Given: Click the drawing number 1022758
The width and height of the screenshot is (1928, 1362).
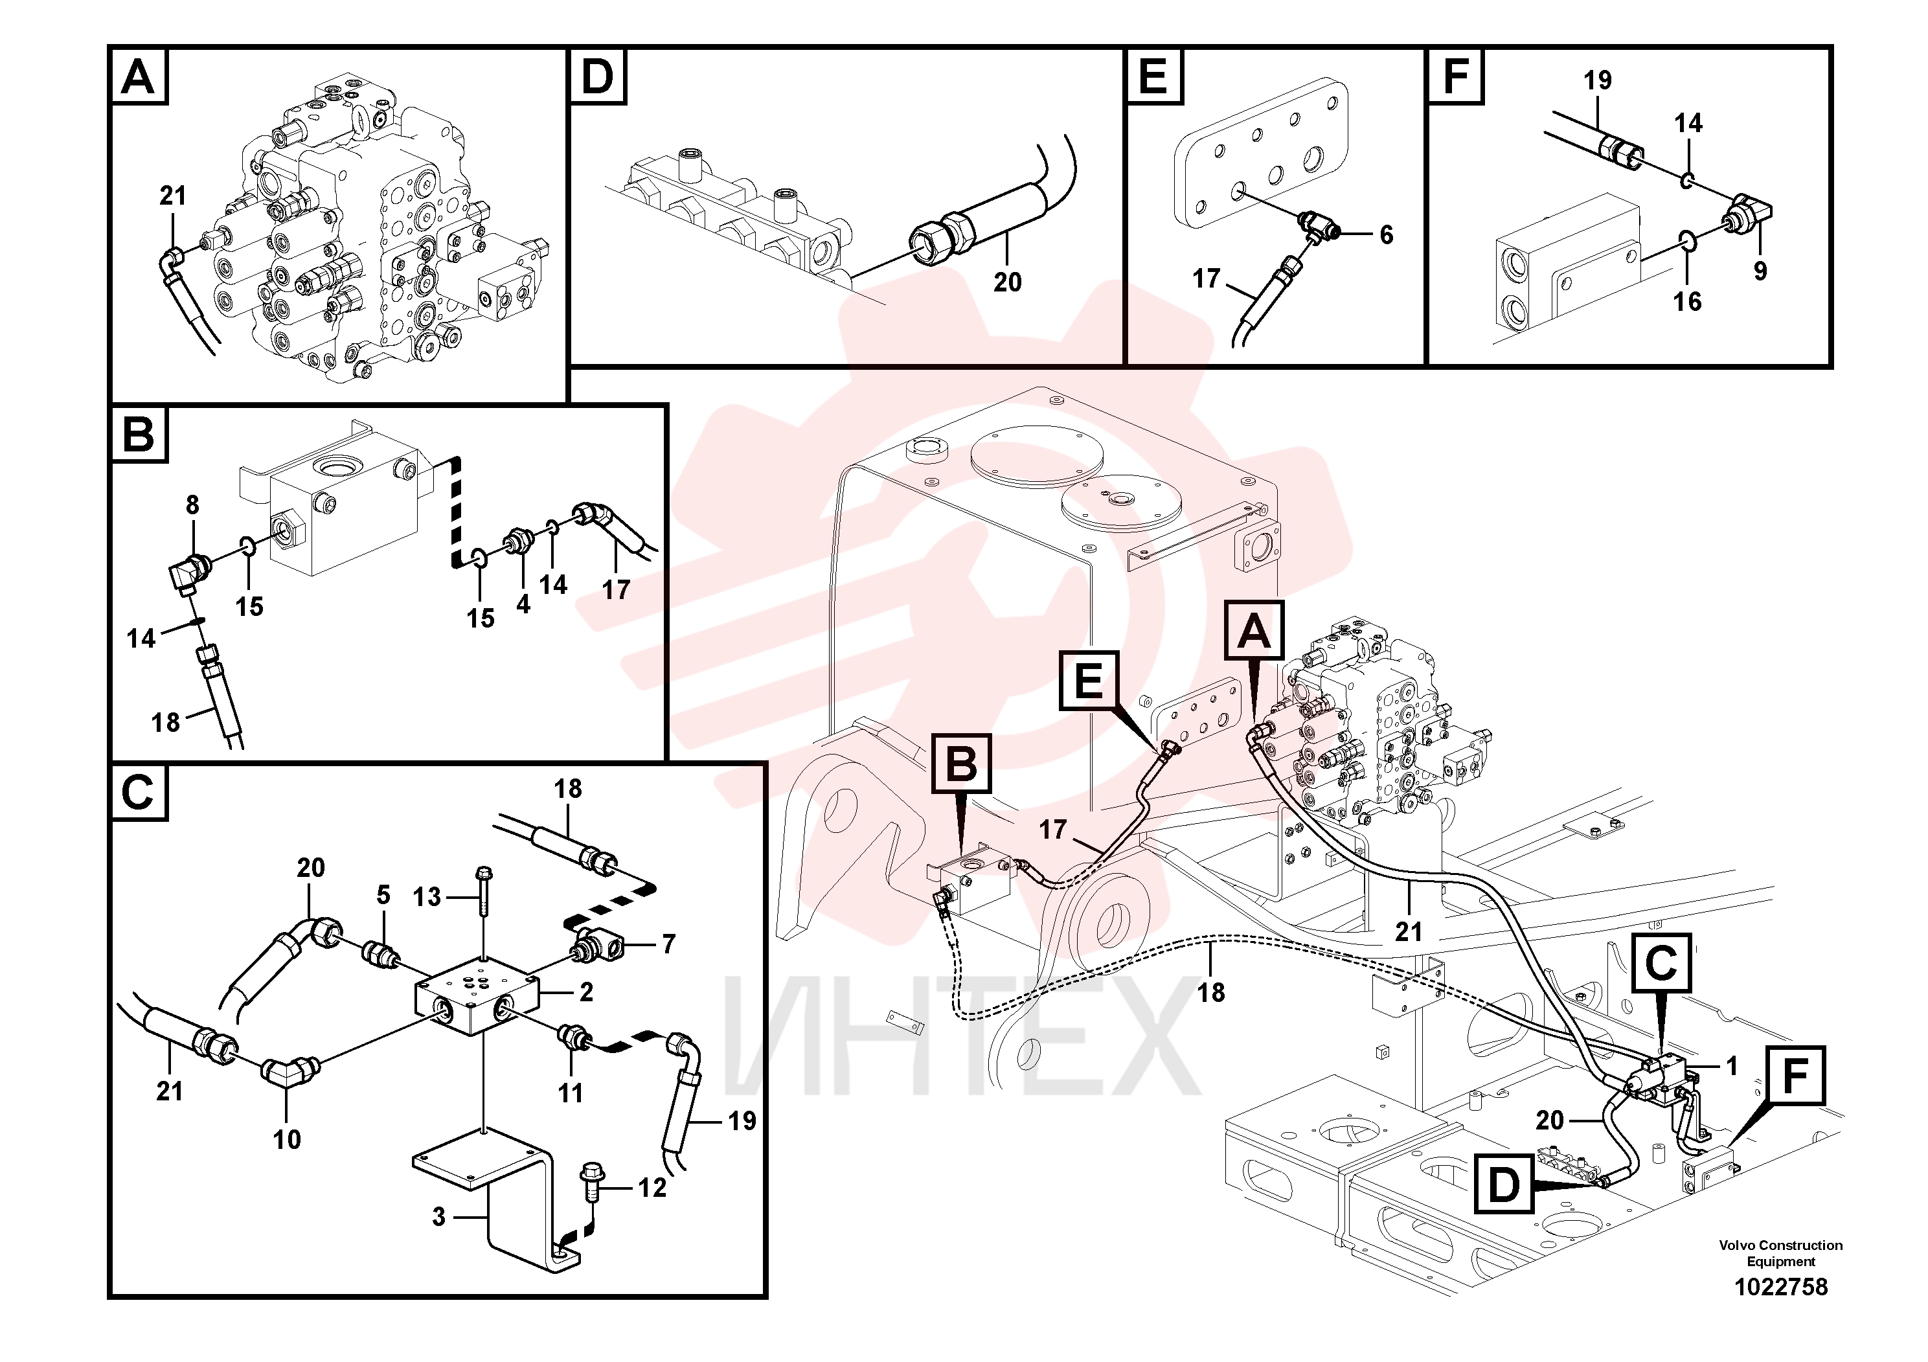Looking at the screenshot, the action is tap(1780, 1288).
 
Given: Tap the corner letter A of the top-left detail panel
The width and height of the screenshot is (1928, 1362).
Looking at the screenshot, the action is tap(139, 76).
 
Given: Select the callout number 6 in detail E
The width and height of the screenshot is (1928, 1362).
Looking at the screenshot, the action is tap(1387, 235).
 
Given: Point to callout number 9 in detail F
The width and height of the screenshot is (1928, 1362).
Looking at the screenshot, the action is tap(1761, 270).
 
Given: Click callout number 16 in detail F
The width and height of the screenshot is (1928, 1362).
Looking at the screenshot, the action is tap(1688, 301).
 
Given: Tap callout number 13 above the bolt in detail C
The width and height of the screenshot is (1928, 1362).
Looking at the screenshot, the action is tap(427, 897).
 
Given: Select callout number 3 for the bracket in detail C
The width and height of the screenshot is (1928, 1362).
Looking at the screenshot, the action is tap(438, 1217).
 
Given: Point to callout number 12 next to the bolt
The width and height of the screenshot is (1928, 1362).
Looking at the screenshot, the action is tap(652, 1188).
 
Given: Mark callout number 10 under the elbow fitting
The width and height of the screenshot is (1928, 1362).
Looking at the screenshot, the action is tap(287, 1139).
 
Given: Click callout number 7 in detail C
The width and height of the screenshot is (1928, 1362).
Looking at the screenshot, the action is tap(668, 945).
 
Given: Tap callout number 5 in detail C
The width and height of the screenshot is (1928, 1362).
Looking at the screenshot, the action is tap(383, 895).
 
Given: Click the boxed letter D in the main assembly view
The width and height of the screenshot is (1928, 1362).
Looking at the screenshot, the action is tap(1504, 1186).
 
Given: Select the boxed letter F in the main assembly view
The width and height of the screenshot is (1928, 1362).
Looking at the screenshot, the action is tap(1795, 1076).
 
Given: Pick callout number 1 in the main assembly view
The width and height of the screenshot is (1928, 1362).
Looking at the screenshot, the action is tap(1730, 1067).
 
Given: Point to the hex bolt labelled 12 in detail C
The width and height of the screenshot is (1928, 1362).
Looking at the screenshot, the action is tap(592, 1183).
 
